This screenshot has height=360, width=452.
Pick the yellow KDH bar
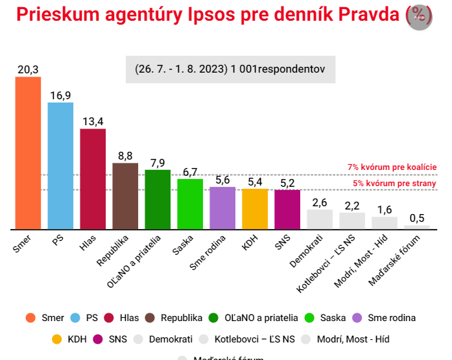point(255,209)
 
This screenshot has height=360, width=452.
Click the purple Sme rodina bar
point(222,208)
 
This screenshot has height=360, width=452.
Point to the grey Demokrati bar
point(320,219)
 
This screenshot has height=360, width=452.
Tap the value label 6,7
point(190,172)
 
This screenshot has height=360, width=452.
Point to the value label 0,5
point(417,218)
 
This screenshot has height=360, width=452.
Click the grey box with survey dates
point(230,68)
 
